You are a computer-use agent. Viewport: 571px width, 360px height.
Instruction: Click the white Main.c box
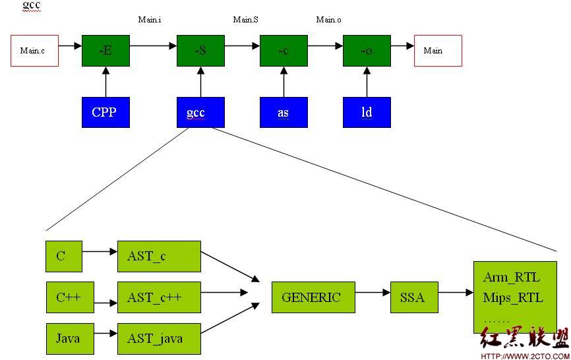pos(34,51)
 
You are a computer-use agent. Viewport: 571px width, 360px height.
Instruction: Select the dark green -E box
pos(105,51)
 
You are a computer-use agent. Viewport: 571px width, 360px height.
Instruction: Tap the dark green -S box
pos(200,51)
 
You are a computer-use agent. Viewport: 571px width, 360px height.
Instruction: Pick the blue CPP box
pos(105,112)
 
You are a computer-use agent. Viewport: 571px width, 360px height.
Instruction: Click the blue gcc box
pos(200,112)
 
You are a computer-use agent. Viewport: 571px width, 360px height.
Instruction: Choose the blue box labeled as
pos(284,112)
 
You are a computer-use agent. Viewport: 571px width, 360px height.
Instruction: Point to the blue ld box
pos(367,112)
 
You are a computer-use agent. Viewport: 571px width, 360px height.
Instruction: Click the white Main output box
pos(438,51)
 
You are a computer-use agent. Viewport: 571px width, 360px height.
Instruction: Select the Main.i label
pos(150,20)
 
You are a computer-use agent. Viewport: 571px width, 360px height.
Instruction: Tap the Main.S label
pos(246,20)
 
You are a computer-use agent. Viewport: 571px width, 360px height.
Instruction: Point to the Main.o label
pos(329,20)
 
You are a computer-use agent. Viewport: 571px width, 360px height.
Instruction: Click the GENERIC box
pos(313,297)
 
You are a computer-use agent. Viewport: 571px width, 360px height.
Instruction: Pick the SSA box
pos(414,297)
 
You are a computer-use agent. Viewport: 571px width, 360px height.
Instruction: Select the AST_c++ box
pos(159,297)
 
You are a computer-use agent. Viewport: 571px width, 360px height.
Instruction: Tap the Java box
pos(70,338)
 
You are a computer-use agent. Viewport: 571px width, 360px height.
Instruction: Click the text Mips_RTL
pos(513,298)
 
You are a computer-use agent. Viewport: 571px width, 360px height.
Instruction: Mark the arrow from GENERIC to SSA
pos(373,292)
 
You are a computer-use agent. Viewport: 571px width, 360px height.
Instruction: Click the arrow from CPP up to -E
pos(106,82)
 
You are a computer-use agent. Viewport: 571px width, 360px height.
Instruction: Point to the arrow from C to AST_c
pos(100,251)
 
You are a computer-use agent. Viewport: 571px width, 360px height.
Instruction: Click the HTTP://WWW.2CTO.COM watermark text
pos(526,356)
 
